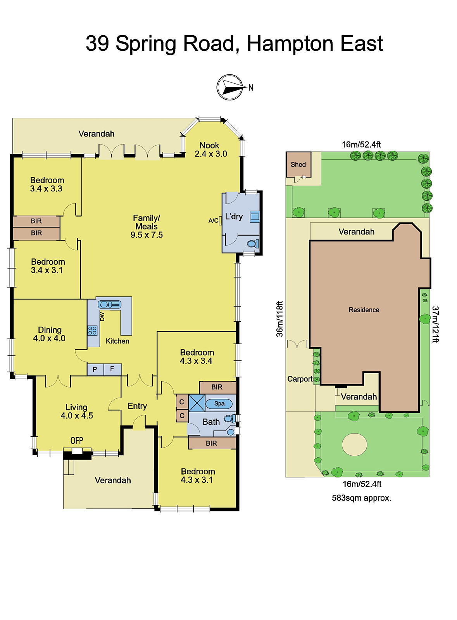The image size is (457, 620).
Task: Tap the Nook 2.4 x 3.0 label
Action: (210, 150)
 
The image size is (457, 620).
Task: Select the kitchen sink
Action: (110, 305)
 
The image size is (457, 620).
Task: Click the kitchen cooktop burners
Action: (92, 331)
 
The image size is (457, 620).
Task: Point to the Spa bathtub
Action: (219, 404)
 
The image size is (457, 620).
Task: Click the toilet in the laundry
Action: (253, 244)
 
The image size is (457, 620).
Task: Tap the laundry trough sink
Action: (255, 216)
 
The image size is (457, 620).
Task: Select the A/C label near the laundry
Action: (213, 220)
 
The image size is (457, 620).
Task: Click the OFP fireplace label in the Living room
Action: (77, 441)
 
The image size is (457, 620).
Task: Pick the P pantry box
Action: (95, 370)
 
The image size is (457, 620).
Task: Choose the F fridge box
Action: (112, 369)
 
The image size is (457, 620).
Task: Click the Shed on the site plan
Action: (298, 164)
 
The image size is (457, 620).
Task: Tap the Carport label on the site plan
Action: (300, 379)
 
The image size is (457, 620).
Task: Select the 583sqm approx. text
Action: (361, 498)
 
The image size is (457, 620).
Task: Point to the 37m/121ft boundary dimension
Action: (435, 325)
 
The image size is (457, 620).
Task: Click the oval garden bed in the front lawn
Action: (354, 444)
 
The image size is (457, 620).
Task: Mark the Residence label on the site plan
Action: (364, 310)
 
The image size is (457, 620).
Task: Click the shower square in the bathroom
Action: (197, 403)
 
